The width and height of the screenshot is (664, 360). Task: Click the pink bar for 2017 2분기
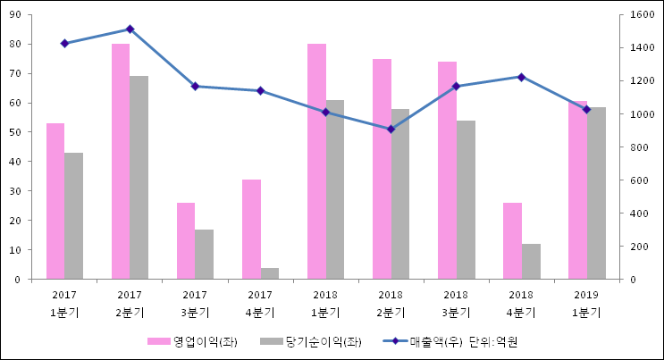(121, 161)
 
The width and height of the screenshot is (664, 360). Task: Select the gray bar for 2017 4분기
(269, 273)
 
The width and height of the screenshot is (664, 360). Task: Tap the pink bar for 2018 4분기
(512, 240)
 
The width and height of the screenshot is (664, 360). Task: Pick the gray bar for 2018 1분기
(334, 189)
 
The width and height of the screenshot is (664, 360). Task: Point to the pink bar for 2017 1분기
(55, 201)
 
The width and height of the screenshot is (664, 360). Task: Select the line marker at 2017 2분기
(130, 29)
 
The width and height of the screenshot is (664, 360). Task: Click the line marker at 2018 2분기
(391, 129)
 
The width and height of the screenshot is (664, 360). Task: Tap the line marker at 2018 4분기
(521, 77)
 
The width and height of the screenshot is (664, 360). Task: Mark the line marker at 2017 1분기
(64, 43)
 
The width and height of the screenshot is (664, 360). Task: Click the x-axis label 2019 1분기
(586, 304)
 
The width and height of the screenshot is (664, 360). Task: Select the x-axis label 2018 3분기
(456, 304)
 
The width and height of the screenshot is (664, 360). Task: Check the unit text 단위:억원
(494, 342)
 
